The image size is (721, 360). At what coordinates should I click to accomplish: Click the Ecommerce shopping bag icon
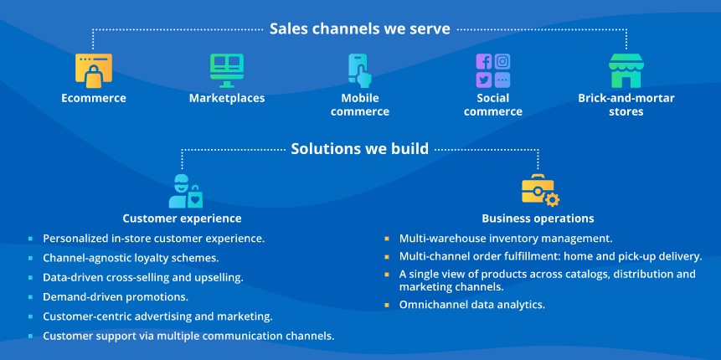(x=94, y=71)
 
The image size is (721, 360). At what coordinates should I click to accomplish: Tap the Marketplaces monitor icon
(x=227, y=70)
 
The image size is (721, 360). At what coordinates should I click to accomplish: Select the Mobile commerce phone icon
(x=359, y=70)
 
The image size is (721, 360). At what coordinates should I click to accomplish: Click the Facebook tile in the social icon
(x=484, y=62)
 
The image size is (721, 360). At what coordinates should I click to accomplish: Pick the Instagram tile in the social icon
(x=502, y=62)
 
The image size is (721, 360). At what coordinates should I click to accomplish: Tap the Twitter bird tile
(x=484, y=80)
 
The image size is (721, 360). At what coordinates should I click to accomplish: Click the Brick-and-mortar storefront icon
(x=626, y=70)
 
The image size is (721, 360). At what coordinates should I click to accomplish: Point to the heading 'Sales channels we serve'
(x=359, y=29)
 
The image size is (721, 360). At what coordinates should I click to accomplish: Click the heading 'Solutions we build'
(x=359, y=149)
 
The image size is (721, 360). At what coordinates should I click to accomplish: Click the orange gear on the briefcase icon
(x=551, y=199)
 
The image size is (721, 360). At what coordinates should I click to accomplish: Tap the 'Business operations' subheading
(x=538, y=219)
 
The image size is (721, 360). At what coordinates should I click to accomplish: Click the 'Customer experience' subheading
(x=182, y=219)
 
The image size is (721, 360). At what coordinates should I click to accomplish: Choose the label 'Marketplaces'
(x=227, y=98)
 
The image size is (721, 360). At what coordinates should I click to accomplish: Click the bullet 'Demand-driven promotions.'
(x=116, y=297)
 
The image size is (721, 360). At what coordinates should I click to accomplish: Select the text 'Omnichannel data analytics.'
(x=471, y=305)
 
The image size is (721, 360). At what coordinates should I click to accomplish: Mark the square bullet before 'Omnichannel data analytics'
(x=387, y=305)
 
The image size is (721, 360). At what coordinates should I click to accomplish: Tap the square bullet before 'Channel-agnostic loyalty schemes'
(x=31, y=258)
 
